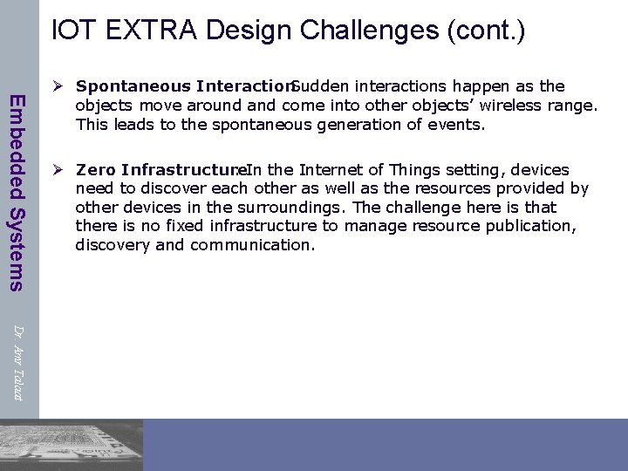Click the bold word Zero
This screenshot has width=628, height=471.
click(97, 169)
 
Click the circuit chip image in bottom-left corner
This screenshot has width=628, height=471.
click(70, 445)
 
